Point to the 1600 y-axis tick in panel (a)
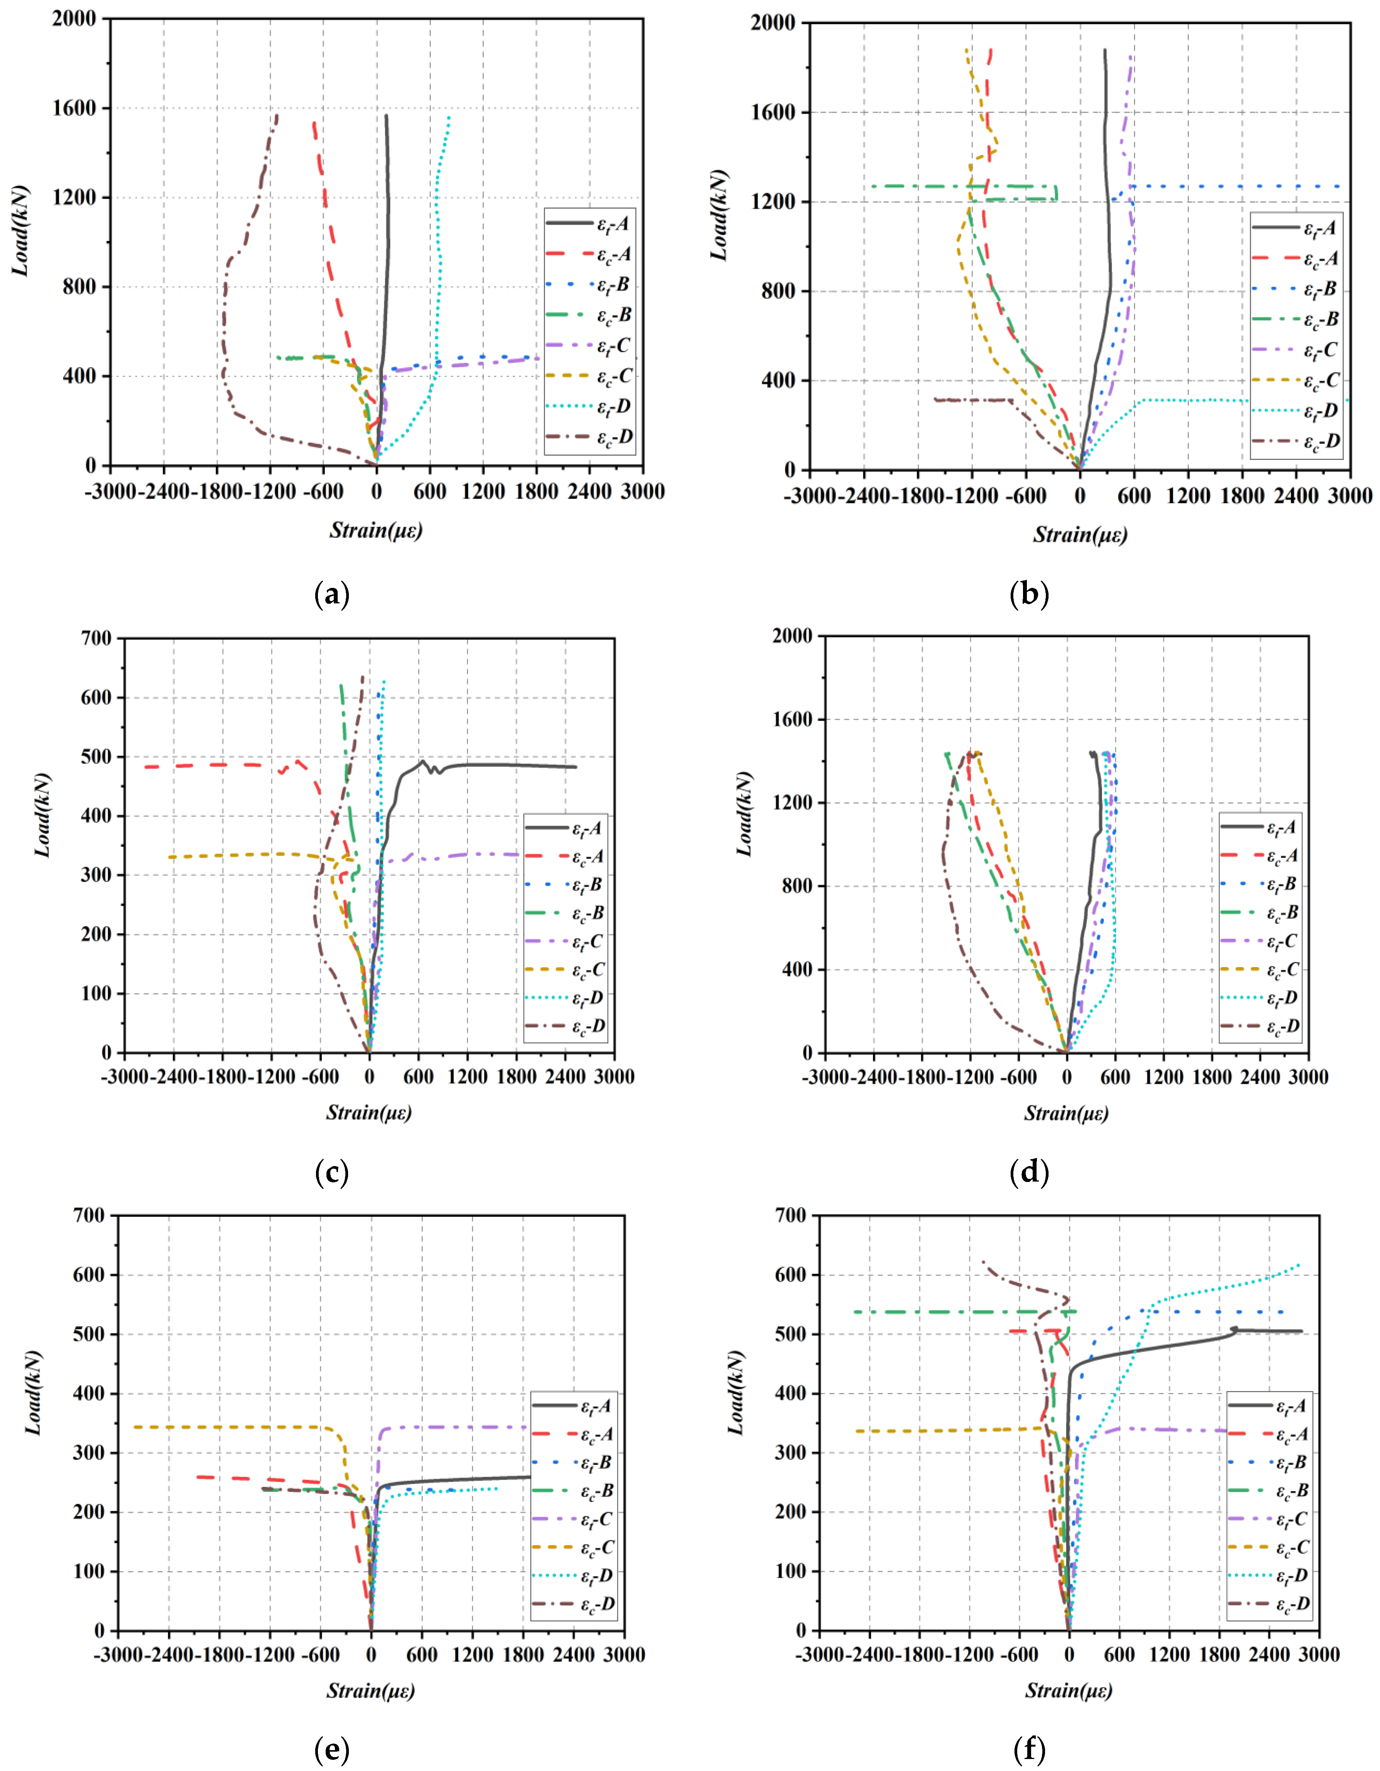(x=74, y=108)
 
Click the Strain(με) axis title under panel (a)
(x=376, y=530)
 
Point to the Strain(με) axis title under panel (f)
(x=1069, y=1691)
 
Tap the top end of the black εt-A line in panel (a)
(x=386, y=116)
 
